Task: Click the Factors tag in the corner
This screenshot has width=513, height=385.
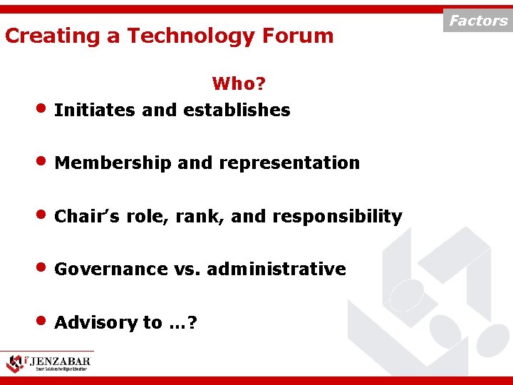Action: pos(478,21)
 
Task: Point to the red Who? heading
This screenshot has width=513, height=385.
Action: pos(239,84)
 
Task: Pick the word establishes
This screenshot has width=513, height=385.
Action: pos(237,111)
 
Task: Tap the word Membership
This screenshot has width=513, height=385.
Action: pos(113,163)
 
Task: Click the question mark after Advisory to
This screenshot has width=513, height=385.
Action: pos(193,323)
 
